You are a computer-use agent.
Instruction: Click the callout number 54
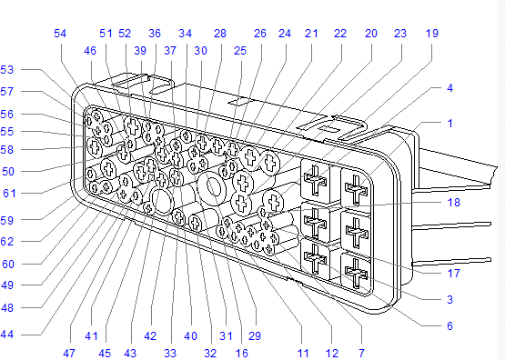(60, 33)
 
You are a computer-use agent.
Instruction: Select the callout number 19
(432, 33)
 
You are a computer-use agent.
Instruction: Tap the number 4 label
(449, 88)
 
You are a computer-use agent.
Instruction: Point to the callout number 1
(450, 124)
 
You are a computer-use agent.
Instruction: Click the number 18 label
(453, 203)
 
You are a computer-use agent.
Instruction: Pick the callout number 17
(453, 273)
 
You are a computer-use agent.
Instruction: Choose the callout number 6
(449, 325)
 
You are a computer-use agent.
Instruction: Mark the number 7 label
(361, 353)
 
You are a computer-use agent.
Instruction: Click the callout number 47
(69, 353)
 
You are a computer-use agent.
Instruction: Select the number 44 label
(7, 335)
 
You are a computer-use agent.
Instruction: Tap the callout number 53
(7, 69)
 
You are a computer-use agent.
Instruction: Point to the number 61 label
(9, 194)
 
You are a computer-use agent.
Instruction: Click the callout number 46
(90, 51)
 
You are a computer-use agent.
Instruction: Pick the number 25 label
(240, 51)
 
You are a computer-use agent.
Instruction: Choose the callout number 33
(170, 353)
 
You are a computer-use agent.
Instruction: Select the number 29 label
(255, 335)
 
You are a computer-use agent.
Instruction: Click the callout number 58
(7, 150)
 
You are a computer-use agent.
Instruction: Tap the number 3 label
(449, 299)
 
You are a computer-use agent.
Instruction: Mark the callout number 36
(155, 33)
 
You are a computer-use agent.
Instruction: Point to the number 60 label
(8, 265)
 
